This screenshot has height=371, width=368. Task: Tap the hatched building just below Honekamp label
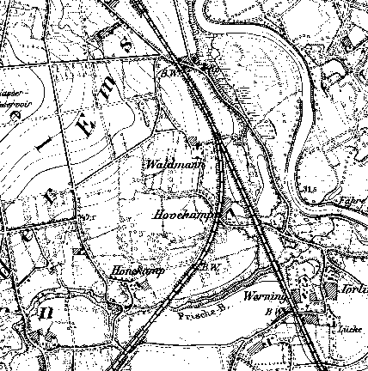(129, 287)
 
